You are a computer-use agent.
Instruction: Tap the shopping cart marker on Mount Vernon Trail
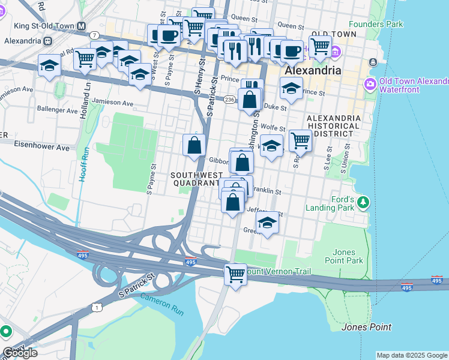[235, 275]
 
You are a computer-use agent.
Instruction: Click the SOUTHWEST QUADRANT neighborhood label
[195, 179]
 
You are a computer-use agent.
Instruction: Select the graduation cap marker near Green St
[268, 223]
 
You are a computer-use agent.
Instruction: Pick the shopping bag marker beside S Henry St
[194, 145]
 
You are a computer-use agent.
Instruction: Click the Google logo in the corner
[19, 352]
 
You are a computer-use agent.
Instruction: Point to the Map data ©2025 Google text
[412, 355]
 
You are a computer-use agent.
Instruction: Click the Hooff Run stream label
[86, 165]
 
